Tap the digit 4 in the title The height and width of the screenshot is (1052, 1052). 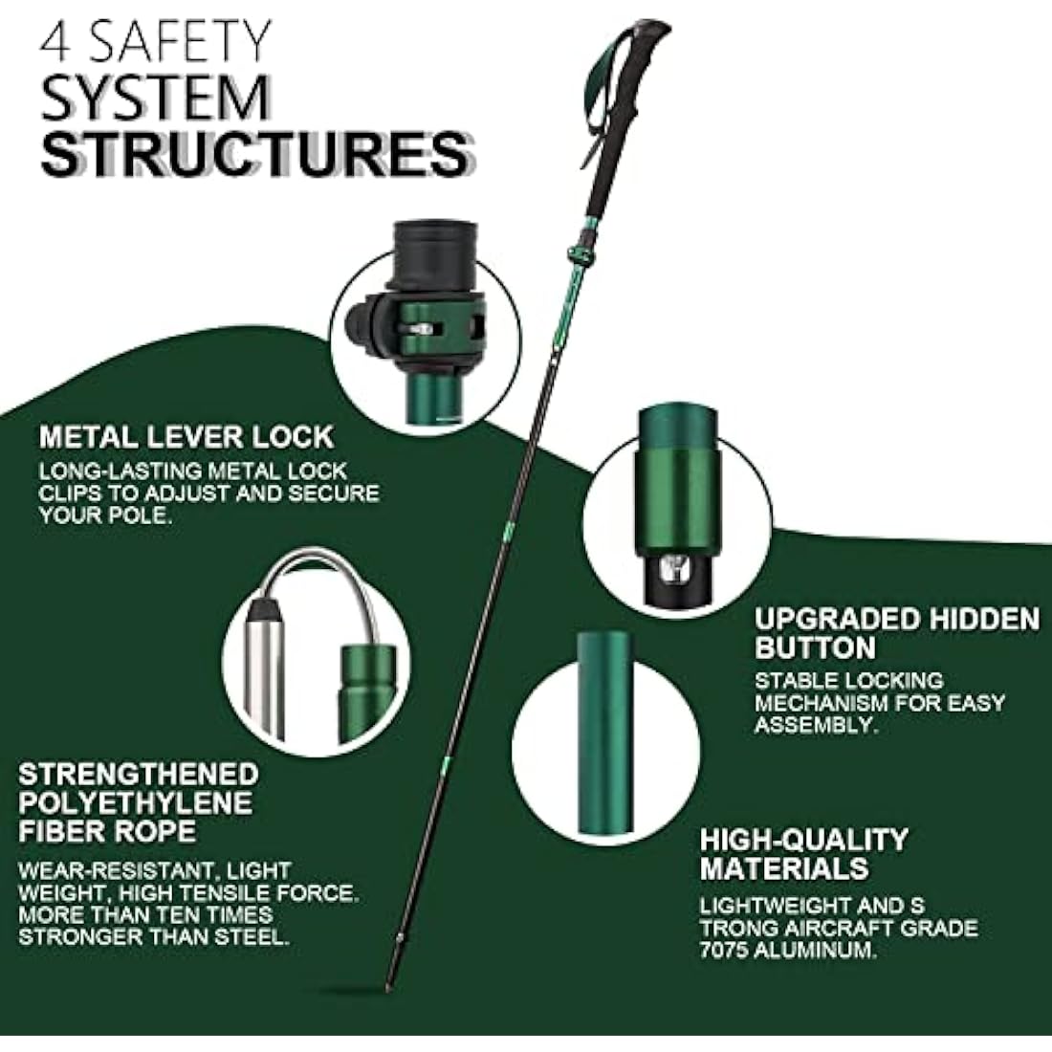(55, 42)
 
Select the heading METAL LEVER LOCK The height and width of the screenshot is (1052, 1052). (186, 437)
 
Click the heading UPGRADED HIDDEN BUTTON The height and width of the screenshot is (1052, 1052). (896, 633)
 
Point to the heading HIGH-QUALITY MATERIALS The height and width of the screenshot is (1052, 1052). (803, 854)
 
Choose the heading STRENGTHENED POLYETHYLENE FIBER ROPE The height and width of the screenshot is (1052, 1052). (139, 801)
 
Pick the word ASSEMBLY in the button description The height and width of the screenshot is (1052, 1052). (815, 725)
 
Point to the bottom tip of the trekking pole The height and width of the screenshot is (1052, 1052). (389, 985)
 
